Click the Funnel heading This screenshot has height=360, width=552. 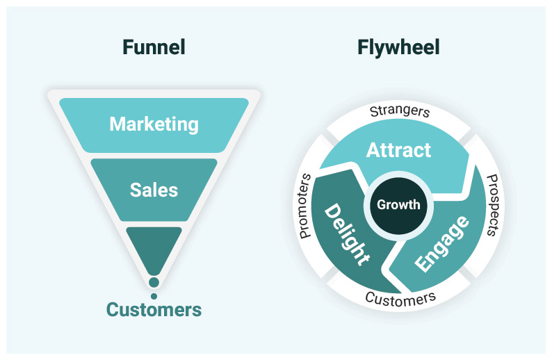coord(154,47)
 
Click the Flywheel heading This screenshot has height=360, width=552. coord(398,47)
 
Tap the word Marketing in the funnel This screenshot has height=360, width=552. coord(154,124)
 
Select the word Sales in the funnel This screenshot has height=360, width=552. coord(154,190)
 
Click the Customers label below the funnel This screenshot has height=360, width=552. coord(154,309)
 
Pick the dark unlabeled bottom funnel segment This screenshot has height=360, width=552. coord(154,247)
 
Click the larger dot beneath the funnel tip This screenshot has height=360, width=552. coord(154,282)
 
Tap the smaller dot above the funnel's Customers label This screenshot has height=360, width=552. coord(154,295)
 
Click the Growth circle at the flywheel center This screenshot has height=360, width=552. coord(398,204)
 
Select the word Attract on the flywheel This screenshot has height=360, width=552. coord(398,150)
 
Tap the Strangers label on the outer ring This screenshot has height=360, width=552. coord(399,111)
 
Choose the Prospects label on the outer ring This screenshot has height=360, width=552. coord(489,205)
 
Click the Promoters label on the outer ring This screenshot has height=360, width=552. coord(305,206)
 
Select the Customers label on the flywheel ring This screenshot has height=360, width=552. coord(400,299)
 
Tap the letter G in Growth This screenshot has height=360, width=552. coord(381,204)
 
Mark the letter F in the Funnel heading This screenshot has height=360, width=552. coord(127,47)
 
